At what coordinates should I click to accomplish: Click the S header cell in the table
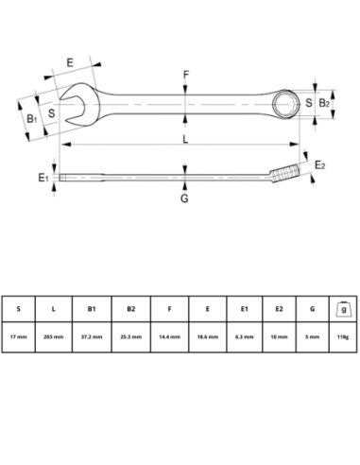tap(18, 308)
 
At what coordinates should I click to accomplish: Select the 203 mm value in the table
tap(56, 336)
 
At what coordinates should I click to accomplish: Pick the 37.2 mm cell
tap(93, 336)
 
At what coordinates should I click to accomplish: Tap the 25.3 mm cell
tap(130, 336)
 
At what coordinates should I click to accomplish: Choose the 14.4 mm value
tap(169, 336)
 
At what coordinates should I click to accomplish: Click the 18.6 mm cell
tap(207, 336)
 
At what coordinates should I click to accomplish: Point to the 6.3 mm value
tap(245, 336)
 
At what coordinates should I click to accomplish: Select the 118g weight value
tap(341, 336)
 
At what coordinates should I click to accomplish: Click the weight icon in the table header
tap(341, 308)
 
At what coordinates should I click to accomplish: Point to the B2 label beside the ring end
tap(322, 101)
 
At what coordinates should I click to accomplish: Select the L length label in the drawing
tap(184, 140)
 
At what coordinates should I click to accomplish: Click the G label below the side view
tap(184, 198)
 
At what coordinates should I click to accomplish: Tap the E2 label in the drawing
tap(319, 165)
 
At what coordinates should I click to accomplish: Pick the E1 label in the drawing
tap(43, 177)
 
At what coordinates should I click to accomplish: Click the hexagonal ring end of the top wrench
tap(287, 101)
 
